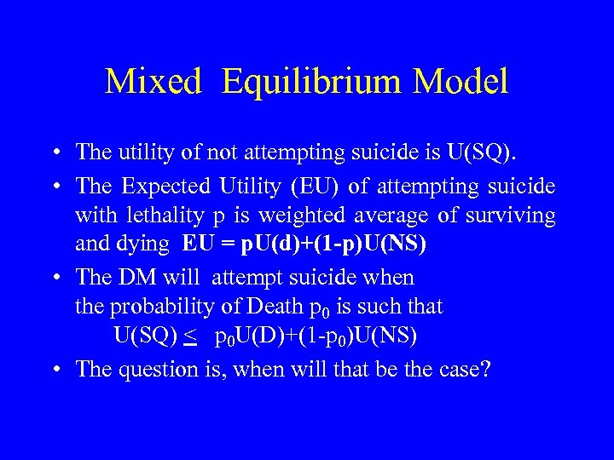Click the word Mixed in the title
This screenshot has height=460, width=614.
tap(153, 82)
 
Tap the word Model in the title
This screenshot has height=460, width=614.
tap(460, 82)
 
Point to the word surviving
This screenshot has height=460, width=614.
tap(516, 216)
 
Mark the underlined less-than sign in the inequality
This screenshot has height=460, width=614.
tap(190, 337)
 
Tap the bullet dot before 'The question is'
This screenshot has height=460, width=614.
tap(54, 369)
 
